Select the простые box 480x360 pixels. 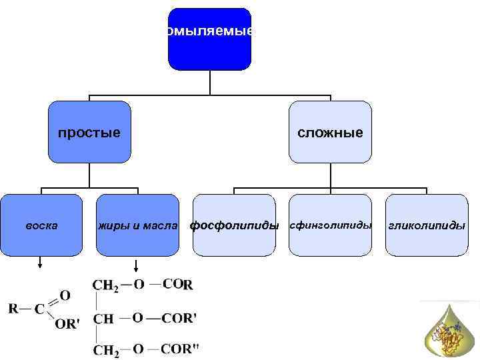point(89,132)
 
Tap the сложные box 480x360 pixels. point(330,132)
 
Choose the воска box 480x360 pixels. point(41,225)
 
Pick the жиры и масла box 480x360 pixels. point(137,225)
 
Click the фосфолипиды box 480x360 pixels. point(234,225)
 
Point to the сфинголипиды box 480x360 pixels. point(330,225)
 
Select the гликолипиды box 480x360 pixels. point(427,225)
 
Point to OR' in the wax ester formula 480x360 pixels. point(66,323)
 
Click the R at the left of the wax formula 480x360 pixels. point(13,308)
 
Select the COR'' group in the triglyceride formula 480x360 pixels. point(180,348)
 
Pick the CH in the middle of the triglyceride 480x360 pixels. point(103,319)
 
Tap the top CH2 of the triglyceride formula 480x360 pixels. point(105,285)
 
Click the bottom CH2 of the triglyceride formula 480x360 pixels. point(105,349)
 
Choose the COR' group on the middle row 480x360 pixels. point(179,318)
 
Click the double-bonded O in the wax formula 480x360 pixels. point(65,294)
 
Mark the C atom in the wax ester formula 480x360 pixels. point(39,309)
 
